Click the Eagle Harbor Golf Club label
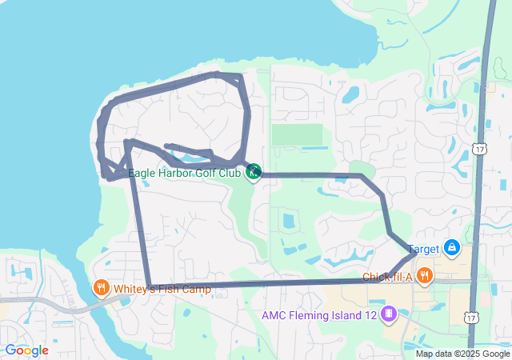pos(185,172)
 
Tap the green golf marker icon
pos(254,170)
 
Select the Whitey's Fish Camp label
pos(162,289)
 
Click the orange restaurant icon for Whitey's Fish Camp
pos(101,287)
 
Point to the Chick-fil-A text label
pos(386,277)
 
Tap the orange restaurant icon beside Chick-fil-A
pos(424,276)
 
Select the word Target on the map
pos(423,250)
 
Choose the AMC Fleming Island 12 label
pos(319,314)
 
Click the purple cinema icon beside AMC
pos(388,313)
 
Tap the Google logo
pos(26,350)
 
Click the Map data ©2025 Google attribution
pos(462,354)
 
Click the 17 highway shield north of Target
pos(479,149)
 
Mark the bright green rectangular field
pos(297,134)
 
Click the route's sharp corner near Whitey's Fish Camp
pos(150,285)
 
